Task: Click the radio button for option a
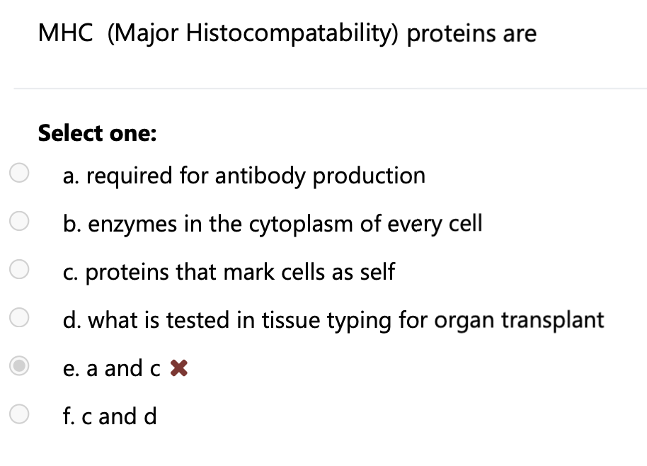19,174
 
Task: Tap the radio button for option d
19,319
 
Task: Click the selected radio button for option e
19,368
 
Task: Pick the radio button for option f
19,416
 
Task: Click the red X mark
180,368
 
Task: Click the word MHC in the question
65,33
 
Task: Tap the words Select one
97,132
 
